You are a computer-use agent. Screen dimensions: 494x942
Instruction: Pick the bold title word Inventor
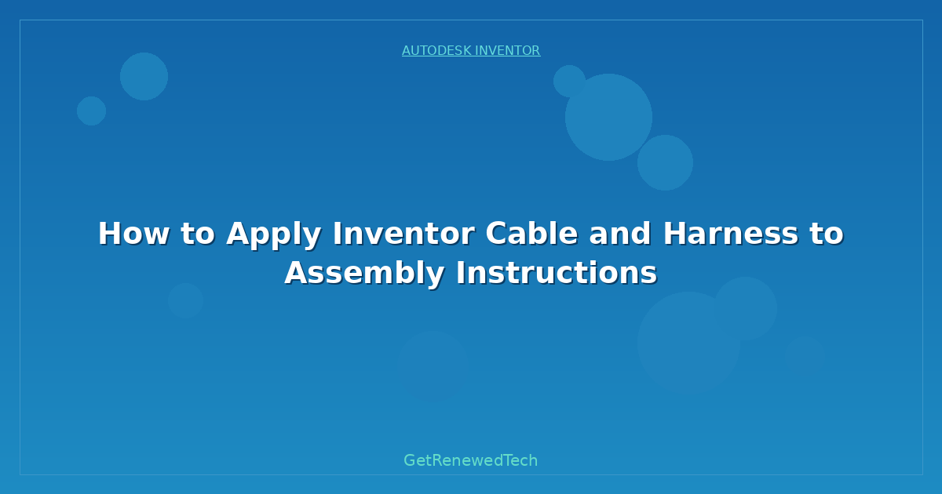403,234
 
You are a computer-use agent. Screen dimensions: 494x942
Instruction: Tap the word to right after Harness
823,234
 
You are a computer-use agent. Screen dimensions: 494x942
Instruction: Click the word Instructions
557,274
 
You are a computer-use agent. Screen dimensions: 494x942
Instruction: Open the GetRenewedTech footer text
471,461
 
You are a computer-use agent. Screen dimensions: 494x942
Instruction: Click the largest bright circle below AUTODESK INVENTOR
608,117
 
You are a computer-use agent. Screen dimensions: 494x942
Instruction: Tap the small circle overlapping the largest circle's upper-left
569,81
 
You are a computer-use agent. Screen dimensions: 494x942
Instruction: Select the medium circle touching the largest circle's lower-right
665,162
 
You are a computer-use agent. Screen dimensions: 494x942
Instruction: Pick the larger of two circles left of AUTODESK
144,76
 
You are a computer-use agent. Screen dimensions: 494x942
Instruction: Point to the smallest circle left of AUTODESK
91,111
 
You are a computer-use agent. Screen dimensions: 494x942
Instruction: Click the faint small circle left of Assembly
185,300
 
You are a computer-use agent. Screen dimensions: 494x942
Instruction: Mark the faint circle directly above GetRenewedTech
433,366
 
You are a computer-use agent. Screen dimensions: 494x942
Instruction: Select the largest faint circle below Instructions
688,343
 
